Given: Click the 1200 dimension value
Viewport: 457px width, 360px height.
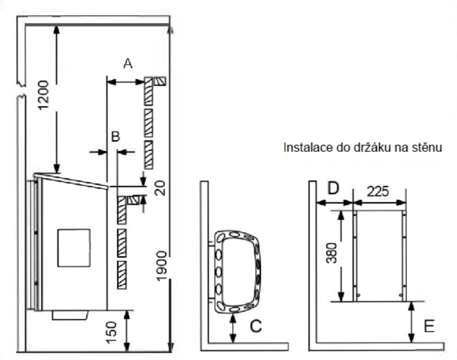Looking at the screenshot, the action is tap(44, 95).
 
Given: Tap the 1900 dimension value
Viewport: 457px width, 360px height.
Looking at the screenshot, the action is tap(161, 266).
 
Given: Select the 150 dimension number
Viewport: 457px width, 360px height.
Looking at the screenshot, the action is tap(112, 332).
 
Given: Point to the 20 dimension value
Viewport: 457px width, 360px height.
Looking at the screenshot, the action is tap(160, 188).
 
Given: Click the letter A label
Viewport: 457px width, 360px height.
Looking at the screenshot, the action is tap(128, 63).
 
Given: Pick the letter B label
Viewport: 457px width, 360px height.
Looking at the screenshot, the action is tap(116, 136).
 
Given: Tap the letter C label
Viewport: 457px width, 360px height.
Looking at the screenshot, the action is tap(256, 326).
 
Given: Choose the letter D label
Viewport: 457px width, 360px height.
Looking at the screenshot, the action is tap(334, 188).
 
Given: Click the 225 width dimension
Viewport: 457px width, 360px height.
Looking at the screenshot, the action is tap(378, 191).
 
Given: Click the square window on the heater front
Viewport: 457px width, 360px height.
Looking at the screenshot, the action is tap(74, 248).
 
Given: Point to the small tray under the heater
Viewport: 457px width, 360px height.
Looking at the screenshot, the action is tap(70, 315).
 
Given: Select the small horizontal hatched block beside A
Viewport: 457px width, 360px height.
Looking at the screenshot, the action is tap(160, 81).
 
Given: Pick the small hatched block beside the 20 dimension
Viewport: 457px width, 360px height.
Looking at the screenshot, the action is tap(133, 200).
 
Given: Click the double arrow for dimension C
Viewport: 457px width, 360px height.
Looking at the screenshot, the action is tap(233, 328).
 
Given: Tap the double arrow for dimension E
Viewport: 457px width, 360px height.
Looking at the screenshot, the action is tap(411, 322).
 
